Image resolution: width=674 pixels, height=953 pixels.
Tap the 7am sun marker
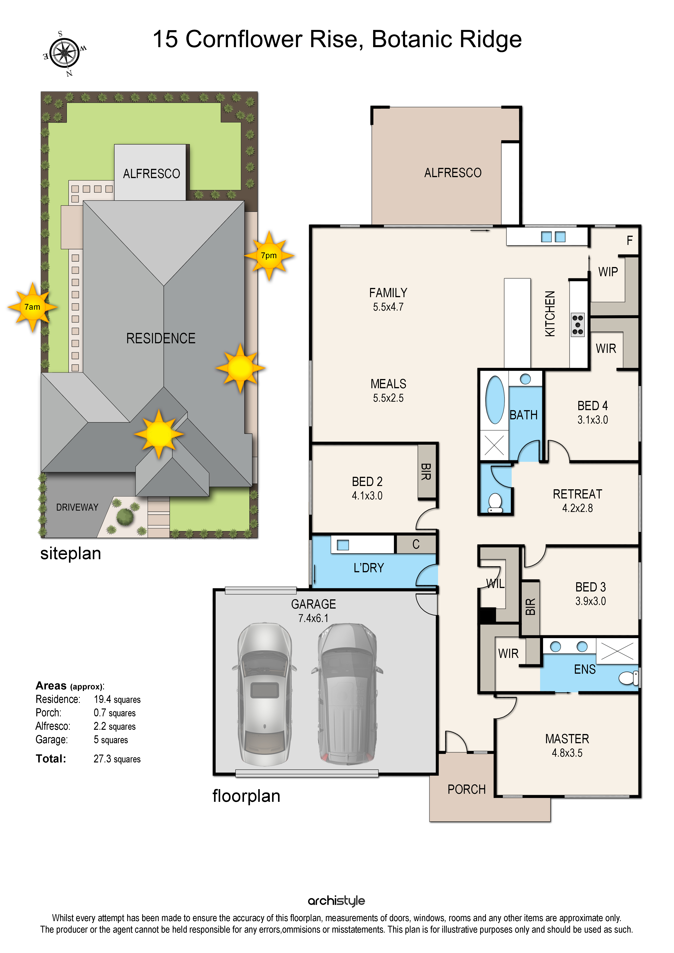pyautogui.click(x=32, y=307)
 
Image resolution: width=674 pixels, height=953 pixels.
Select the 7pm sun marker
pyautogui.click(x=269, y=256)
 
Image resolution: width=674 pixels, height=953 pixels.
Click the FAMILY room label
pyautogui.click(x=388, y=293)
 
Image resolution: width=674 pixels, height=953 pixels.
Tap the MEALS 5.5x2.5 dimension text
pyautogui.click(x=388, y=398)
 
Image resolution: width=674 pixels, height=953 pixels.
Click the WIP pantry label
pyautogui.click(x=608, y=272)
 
